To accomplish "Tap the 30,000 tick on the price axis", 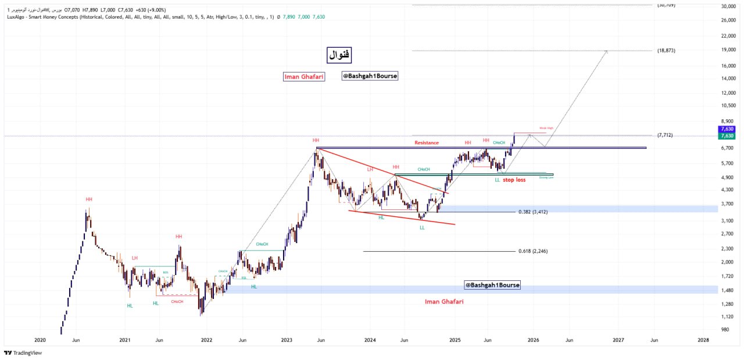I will tap(728, 6).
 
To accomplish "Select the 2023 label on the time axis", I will tap(286, 340).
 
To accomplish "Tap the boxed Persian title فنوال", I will tap(339, 55).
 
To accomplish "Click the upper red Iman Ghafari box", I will tap(303, 77).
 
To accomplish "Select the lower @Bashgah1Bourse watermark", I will tap(492, 285).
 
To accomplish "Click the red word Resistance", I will tap(427, 142).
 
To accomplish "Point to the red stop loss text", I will tap(514, 180).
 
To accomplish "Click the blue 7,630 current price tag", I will tap(727, 129).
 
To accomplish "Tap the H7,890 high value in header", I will tap(92, 10).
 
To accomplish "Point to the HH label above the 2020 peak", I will tap(89, 199).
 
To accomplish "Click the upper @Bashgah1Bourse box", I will tap(370, 76).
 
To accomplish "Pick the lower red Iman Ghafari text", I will tap(444, 301).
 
